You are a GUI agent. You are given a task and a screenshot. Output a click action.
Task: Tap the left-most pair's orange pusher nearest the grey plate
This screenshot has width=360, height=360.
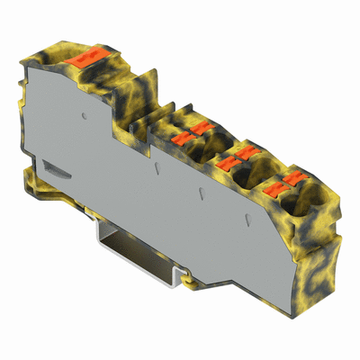pyautogui.click(x=184, y=139)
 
